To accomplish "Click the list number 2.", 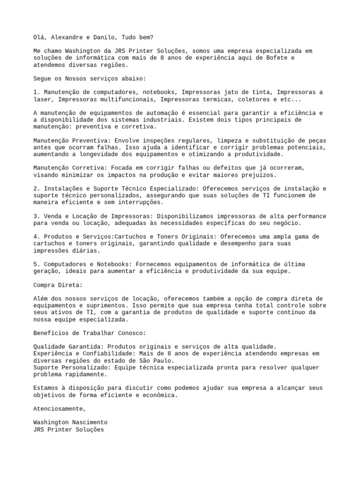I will click(x=36, y=188).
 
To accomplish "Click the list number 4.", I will click(x=36, y=237).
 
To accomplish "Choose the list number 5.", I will click(x=36, y=264).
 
